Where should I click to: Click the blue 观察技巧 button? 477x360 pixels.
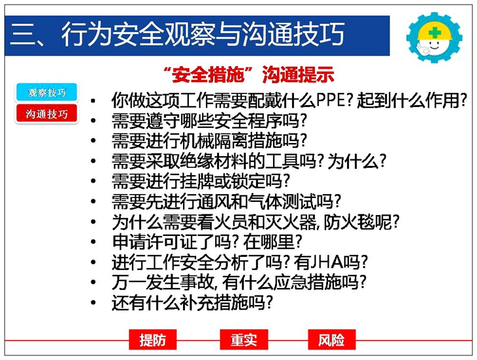(47, 92)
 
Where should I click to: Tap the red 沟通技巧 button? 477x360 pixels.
(47, 114)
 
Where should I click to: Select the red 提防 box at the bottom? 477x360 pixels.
(153, 340)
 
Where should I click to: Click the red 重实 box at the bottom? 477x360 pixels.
(244, 340)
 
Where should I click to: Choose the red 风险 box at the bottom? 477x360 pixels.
(331, 340)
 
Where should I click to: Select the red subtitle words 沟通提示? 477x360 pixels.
(298, 74)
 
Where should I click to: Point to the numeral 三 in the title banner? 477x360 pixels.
(22, 35)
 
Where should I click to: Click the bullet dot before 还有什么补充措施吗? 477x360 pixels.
(93, 303)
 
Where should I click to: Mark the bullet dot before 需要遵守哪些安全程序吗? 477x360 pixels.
(93, 120)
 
